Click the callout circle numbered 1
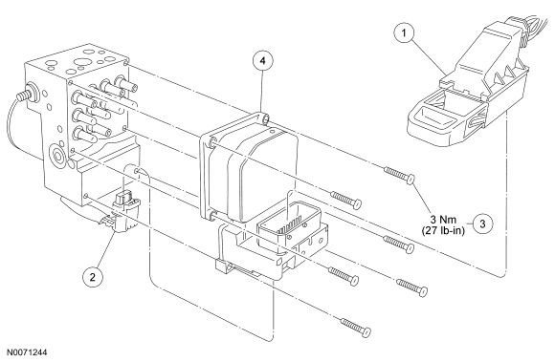point(404,32)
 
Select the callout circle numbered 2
point(93,277)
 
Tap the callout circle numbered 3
point(482,224)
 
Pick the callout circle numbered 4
point(262,61)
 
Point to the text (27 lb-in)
point(443,230)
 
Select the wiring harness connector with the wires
point(467,81)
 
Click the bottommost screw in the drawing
point(356,327)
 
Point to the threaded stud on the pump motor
point(26,93)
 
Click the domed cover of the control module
point(262,173)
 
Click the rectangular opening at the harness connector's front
point(434,117)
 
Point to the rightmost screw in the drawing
point(412,287)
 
